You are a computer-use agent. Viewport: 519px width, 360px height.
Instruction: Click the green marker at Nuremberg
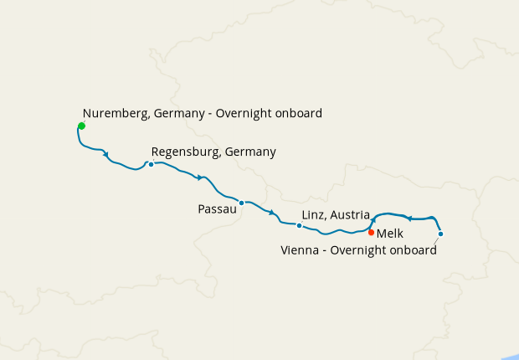tap(81, 126)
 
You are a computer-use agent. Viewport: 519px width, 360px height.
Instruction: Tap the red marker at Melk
tap(371, 232)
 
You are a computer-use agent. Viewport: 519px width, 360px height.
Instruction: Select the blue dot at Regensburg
tap(151, 164)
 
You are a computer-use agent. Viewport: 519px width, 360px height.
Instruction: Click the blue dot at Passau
tap(241, 203)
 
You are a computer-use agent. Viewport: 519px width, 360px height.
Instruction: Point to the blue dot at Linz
tap(299, 225)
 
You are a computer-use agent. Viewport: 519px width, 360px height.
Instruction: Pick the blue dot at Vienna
tap(440, 234)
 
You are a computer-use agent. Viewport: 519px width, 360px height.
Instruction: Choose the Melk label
tap(390, 234)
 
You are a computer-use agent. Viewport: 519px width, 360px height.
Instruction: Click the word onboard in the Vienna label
tap(413, 249)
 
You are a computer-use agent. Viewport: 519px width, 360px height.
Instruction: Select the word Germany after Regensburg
tap(249, 152)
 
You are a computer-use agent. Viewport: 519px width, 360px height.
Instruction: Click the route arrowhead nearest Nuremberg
tap(106, 154)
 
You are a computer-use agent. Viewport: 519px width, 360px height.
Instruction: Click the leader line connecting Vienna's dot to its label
tap(436, 239)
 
